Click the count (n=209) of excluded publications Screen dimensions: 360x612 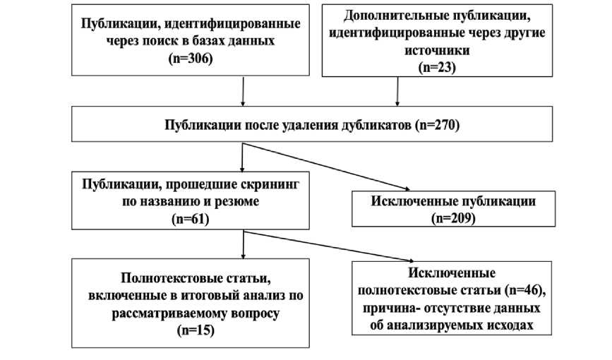(x=453, y=218)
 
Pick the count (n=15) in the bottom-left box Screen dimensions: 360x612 (x=191, y=330)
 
